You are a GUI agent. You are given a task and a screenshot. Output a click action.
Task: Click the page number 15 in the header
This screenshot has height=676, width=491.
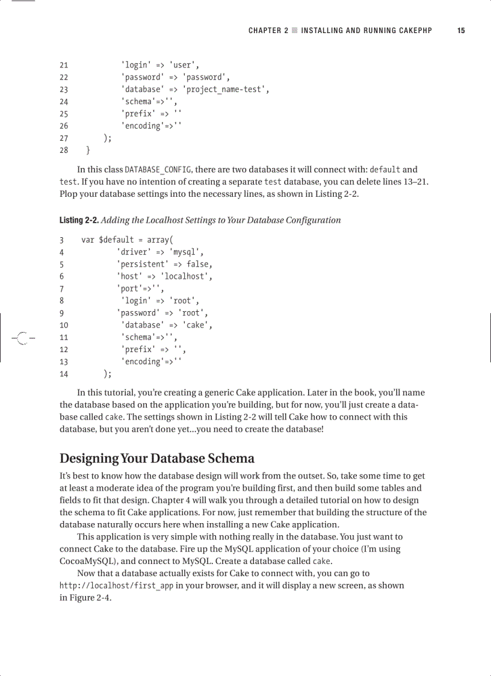pos(461,31)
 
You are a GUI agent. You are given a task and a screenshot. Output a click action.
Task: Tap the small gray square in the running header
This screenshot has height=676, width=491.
pos(295,31)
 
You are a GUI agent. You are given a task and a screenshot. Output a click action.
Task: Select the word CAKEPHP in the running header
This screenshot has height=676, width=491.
pos(414,31)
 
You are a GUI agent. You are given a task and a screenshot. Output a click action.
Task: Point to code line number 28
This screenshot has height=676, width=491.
pos(64,150)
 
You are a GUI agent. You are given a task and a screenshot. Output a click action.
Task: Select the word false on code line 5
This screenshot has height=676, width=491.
pos(199,264)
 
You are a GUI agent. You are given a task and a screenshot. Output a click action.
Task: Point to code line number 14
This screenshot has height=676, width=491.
pos(64,374)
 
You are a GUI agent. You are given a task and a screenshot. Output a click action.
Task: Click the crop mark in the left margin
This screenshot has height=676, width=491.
pos(22,338)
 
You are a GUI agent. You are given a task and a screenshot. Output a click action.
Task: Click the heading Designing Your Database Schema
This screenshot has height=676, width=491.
pos(156,458)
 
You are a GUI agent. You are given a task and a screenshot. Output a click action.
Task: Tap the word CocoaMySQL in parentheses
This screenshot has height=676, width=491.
pos(84,561)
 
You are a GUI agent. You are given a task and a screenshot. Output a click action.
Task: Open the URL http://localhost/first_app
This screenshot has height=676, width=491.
pos(116,586)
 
